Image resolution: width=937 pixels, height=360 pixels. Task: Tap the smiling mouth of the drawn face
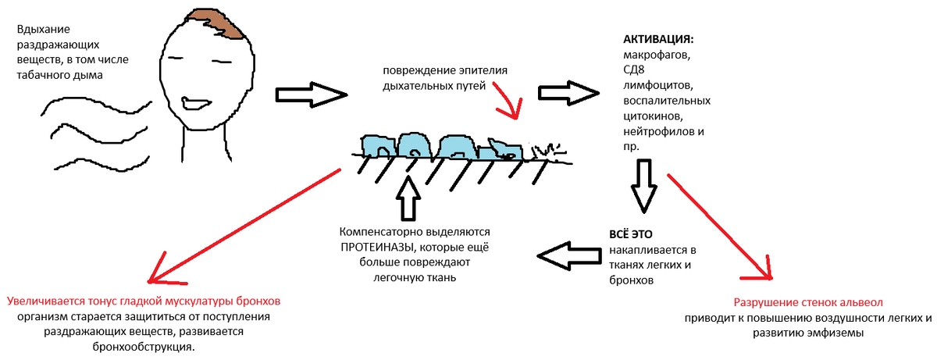(194, 102)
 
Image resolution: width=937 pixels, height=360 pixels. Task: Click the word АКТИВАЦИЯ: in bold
(658, 39)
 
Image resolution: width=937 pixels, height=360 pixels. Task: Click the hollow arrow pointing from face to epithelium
(312, 94)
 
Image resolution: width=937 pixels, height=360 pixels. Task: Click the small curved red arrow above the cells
(504, 106)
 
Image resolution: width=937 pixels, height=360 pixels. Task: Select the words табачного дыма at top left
(59, 74)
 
